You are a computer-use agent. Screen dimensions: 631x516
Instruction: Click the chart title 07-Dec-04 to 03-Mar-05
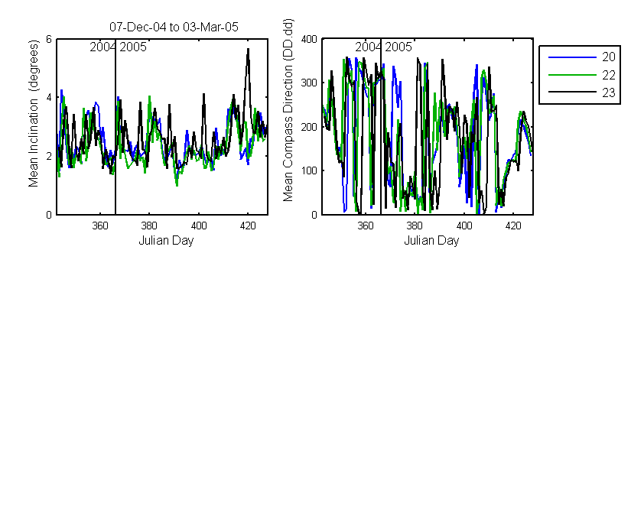click(x=174, y=27)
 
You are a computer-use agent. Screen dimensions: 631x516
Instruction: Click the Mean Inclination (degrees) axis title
click(x=33, y=113)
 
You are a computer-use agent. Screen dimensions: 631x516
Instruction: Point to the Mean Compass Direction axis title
click(x=288, y=110)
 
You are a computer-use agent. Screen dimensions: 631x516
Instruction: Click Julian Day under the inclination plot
click(x=166, y=241)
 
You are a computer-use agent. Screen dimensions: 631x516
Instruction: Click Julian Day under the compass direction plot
click(x=431, y=241)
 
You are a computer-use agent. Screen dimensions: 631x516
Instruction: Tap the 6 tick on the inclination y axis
click(x=49, y=39)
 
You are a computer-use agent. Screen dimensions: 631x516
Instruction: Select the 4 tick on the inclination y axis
click(x=49, y=97)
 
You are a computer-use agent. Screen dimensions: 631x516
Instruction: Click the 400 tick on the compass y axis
click(x=309, y=39)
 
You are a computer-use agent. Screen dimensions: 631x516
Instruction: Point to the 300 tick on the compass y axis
click(x=309, y=83)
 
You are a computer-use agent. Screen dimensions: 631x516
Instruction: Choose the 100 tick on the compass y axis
click(x=309, y=170)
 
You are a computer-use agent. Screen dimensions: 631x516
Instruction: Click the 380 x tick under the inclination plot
click(x=149, y=226)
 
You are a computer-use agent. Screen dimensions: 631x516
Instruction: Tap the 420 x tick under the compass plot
click(x=513, y=226)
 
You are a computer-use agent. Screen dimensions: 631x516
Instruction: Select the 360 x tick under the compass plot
click(x=366, y=226)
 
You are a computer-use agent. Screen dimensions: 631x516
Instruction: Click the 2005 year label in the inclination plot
click(x=133, y=47)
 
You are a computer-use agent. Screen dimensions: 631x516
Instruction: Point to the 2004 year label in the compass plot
click(x=368, y=47)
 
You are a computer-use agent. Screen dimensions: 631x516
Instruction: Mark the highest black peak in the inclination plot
click(x=249, y=49)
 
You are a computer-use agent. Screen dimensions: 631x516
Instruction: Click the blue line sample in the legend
click(x=572, y=57)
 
